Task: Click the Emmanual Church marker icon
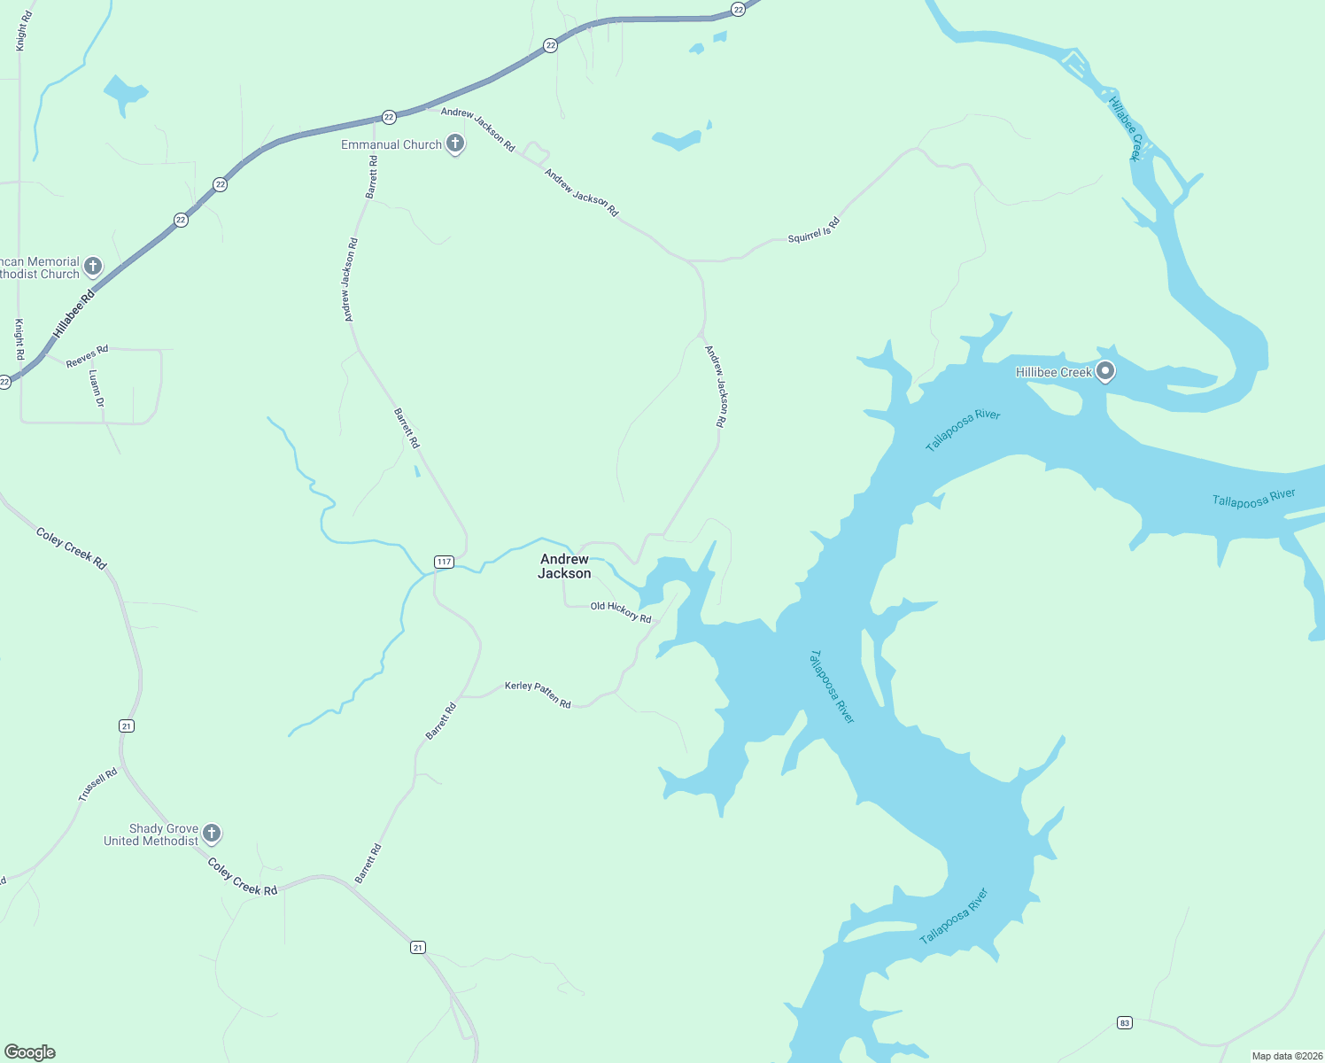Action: (x=455, y=144)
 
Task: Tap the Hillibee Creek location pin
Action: (x=1104, y=371)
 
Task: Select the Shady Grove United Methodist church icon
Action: (x=211, y=833)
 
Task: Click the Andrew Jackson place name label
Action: (x=564, y=566)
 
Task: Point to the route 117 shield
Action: (x=444, y=562)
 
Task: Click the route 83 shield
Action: (x=1124, y=1022)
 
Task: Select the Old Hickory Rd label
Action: (x=621, y=611)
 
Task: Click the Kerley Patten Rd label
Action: (x=538, y=694)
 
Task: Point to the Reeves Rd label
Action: (x=87, y=356)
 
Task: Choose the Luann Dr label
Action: (x=97, y=389)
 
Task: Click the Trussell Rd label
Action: (x=97, y=785)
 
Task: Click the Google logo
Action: (x=30, y=1052)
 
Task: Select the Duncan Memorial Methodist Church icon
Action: (x=92, y=266)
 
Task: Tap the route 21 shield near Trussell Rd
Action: (x=127, y=725)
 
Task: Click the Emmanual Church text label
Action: (x=391, y=144)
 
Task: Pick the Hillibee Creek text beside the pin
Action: (x=1053, y=372)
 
